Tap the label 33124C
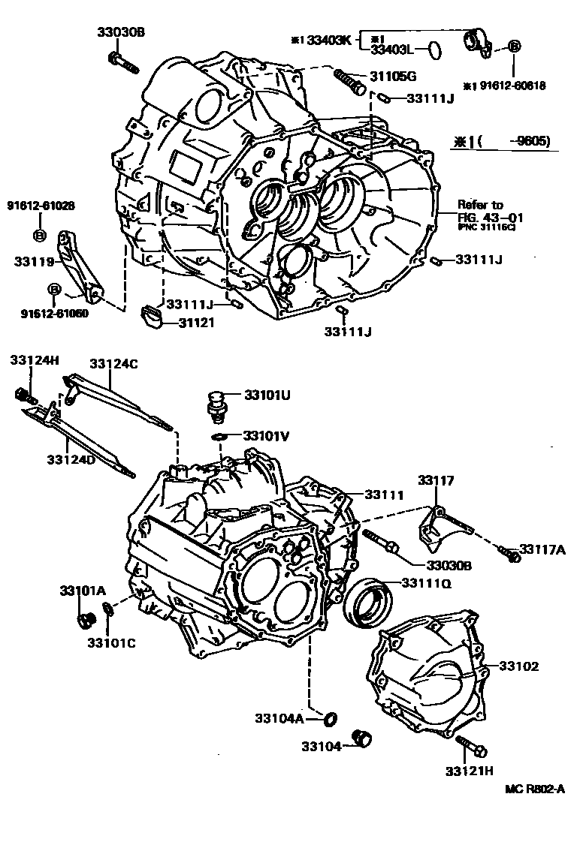[113, 363]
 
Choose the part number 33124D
[71, 459]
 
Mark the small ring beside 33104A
[328, 720]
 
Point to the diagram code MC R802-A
[534, 789]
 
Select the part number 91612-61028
[41, 205]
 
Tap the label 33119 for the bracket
[32, 262]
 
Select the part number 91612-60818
[504, 86]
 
